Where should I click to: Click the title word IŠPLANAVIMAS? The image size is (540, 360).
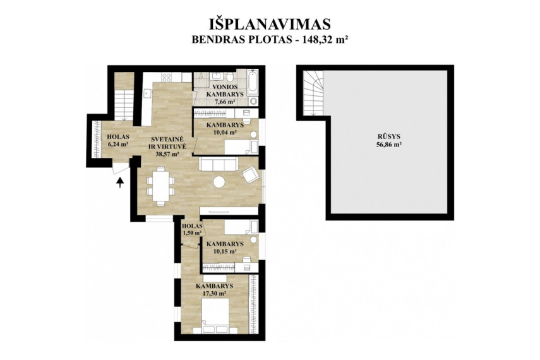270,25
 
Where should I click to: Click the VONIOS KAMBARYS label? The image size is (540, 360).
224,90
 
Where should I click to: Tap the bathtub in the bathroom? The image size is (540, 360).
253,83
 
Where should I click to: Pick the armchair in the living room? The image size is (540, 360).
251,174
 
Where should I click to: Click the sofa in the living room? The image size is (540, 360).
219,164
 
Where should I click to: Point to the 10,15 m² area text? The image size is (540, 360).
225,251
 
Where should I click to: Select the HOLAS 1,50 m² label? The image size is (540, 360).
192,229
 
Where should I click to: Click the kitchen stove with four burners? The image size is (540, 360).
167,77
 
